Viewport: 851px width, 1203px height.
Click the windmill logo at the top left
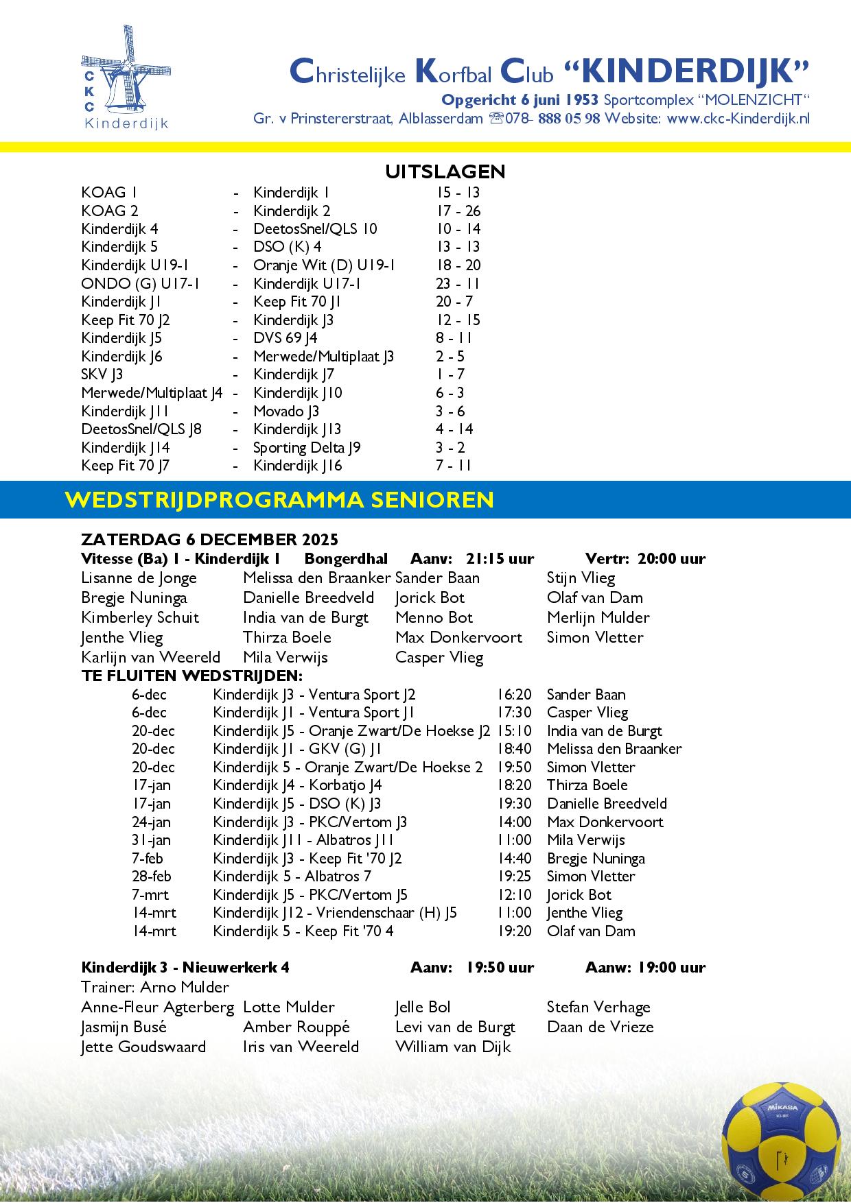125,77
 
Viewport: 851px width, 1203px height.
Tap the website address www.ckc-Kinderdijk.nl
738,118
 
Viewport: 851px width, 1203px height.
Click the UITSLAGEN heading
445,171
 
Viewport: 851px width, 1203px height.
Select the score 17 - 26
458,211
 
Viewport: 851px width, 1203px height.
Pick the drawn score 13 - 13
458,247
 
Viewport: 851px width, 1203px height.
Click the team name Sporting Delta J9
307,448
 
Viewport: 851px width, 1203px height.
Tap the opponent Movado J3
286,412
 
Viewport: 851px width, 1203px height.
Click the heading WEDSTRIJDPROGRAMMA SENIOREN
279,499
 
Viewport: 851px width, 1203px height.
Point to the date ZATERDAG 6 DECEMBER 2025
209,540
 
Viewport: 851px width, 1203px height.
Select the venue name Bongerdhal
346,559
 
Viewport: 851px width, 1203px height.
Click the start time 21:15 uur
500,559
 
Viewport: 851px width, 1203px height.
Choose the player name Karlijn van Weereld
150,658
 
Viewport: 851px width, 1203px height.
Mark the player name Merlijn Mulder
598,618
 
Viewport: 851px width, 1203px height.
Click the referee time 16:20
514,695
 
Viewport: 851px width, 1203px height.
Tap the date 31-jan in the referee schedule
151,840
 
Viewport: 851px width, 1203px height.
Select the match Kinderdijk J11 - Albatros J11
303,840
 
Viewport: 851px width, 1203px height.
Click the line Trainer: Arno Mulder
154,988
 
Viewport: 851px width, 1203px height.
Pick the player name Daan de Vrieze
600,1027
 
